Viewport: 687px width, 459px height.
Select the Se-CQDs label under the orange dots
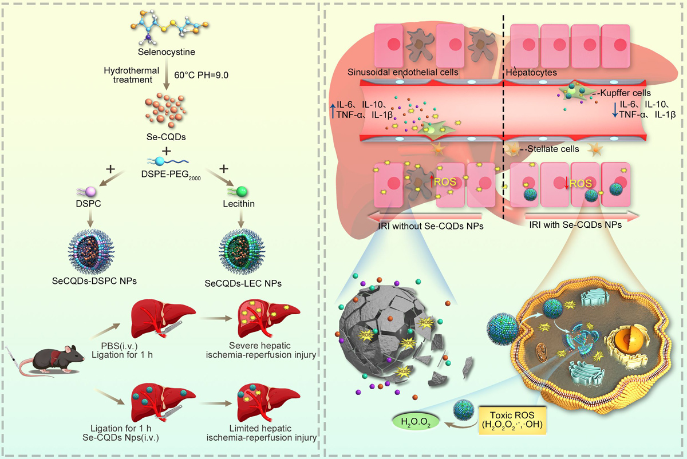tap(166, 137)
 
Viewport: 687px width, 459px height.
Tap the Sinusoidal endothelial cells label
tap(401, 73)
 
